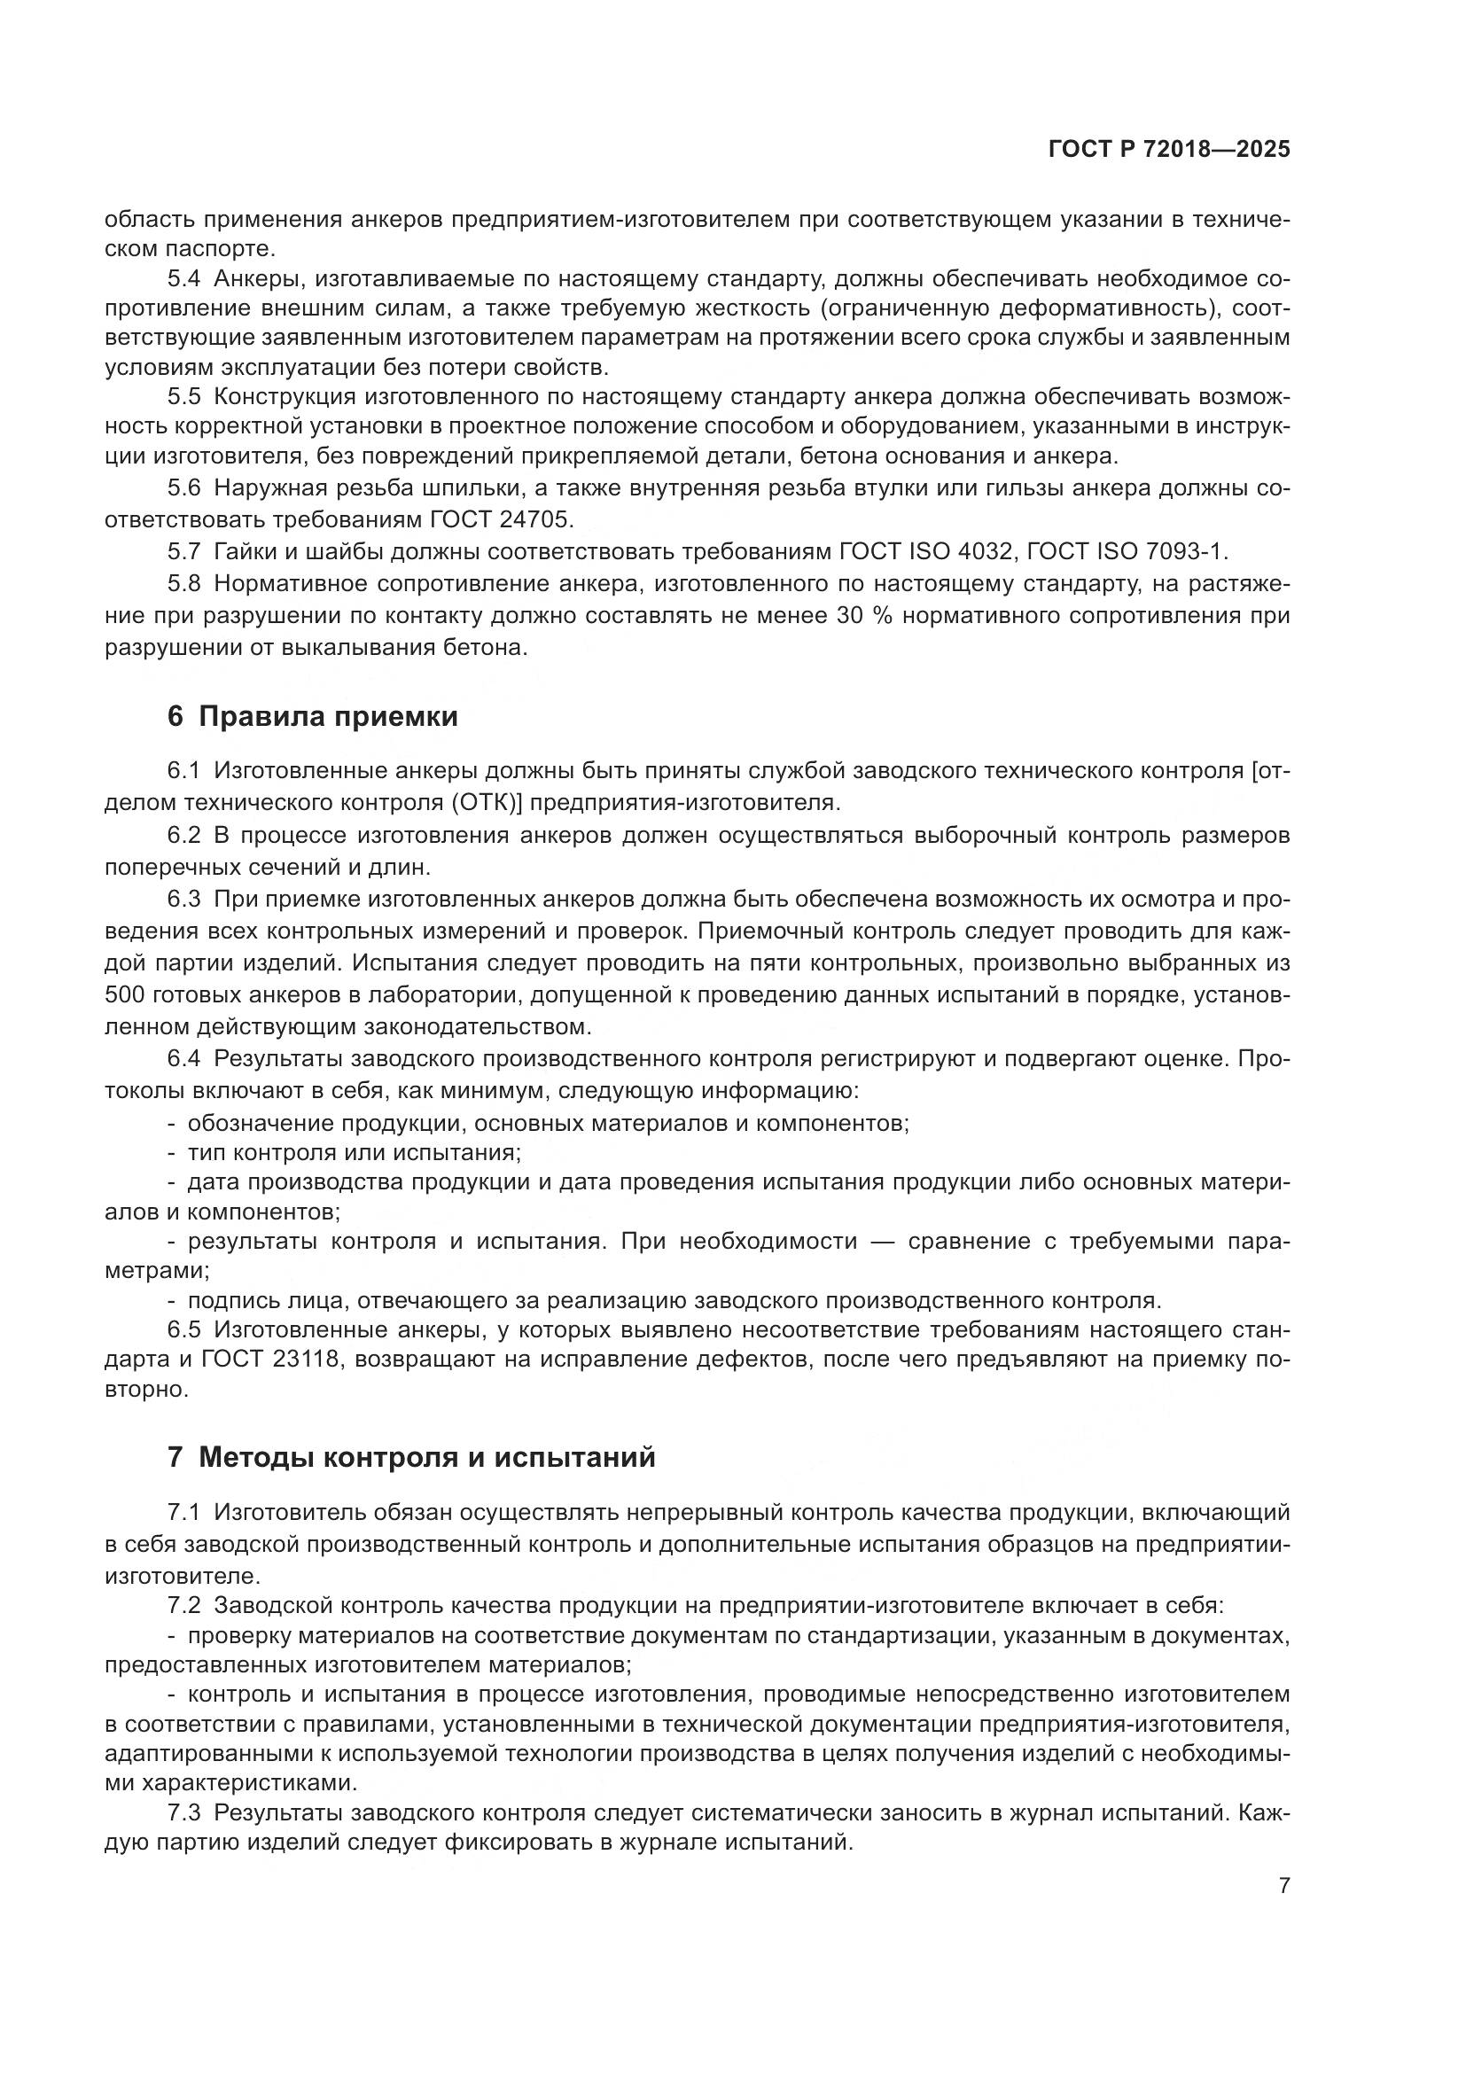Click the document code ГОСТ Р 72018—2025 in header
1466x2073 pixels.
[1169, 150]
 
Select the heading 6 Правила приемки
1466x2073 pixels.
[312, 716]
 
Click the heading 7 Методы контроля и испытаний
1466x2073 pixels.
[410, 1456]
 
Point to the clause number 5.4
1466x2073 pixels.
[185, 279]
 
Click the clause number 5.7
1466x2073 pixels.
[185, 550]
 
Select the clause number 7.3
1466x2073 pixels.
[185, 1812]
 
